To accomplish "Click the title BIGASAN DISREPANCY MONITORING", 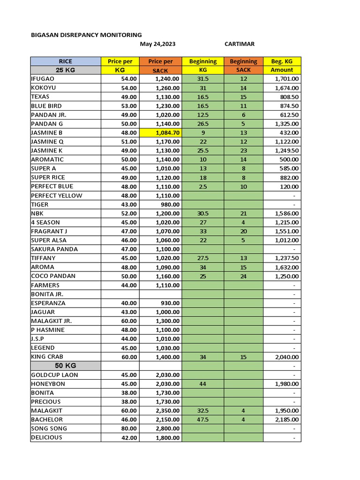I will coord(86,35).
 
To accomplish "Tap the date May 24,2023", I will coord(158,44).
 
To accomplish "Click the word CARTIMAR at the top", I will coord(240,44).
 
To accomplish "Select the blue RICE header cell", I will coord(66,61).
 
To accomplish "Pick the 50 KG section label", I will coord(66,366).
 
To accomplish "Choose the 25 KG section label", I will coord(66,70).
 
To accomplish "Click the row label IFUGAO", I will coord(43,79).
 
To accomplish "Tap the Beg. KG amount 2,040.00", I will coord(286,357).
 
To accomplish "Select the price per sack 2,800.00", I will coord(167,429).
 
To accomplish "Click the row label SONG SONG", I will coord(49,428).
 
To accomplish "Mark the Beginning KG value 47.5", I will coord(203,420).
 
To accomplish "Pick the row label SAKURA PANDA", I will coord(54,249).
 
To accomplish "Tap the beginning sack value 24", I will coord(243,276).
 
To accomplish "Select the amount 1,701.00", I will coord(286,79).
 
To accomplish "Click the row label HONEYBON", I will coord(48,384).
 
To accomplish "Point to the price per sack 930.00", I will coord(170,303).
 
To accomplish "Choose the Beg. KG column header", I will coord(282,61).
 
